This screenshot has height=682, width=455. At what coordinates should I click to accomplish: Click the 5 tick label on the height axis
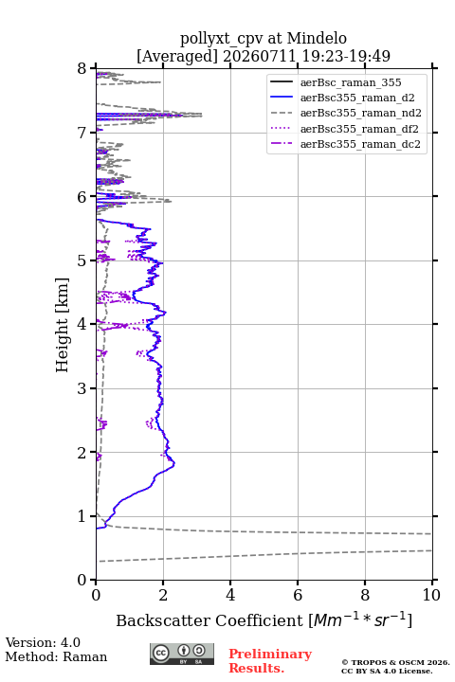tap(82, 261)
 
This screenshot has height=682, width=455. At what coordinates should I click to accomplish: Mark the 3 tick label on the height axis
tap(82, 388)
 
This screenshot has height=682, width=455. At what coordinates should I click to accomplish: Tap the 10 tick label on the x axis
tap(431, 595)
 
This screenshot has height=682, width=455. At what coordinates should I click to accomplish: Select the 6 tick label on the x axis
tap(298, 595)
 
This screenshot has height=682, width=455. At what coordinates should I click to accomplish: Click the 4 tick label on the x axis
tap(230, 595)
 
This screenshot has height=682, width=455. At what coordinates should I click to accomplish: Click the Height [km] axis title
tap(63, 325)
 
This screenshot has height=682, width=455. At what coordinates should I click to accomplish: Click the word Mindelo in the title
tap(317, 38)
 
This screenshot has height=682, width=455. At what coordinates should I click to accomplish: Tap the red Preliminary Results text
tap(270, 661)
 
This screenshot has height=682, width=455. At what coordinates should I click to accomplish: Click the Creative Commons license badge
tap(182, 654)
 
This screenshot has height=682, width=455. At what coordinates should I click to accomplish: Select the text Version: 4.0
tap(43, 642)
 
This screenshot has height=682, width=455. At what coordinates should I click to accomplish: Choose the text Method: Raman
tap(56, 656)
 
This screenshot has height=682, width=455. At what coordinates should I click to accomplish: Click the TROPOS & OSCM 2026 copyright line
tap(396, 662)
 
